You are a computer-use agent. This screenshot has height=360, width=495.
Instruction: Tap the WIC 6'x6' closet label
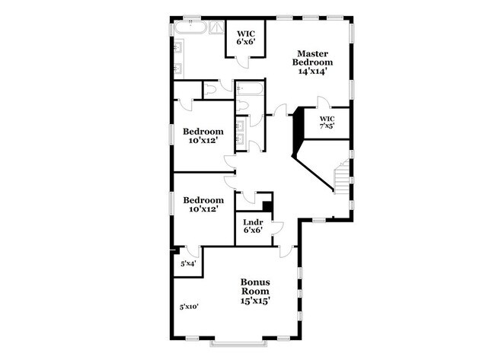[244, 38]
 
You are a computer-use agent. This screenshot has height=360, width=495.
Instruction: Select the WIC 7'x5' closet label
[327, 123]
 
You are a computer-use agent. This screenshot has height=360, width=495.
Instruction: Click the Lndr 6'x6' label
[253, 226]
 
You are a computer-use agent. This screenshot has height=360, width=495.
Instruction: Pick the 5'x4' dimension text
[187, 263]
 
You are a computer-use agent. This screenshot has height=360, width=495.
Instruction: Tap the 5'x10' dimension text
[189, 307]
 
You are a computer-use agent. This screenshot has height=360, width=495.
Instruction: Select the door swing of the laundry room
[276, 228]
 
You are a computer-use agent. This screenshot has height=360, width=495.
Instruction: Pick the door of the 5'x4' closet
[193, 252]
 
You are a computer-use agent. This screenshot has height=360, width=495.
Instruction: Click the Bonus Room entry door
[286, 252]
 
